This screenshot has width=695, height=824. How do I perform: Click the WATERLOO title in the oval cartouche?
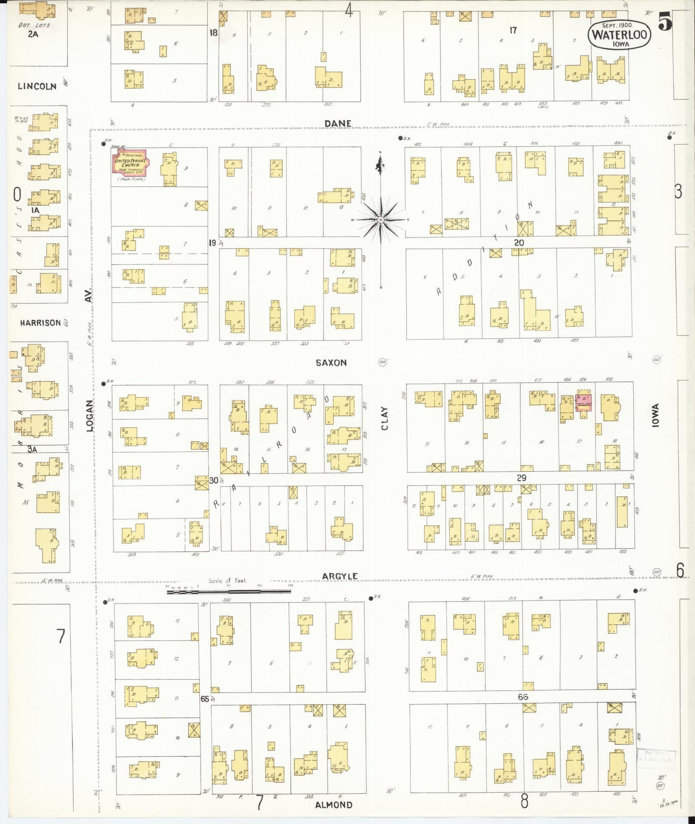click(x=619, y=35)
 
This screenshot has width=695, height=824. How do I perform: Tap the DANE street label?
click(x=338, y=124)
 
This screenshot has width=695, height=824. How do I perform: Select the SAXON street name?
click(x=331, y=363)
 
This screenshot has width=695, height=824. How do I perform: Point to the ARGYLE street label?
click(x=340, y=576)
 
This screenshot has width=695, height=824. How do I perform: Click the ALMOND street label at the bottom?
click(x=333, y=804)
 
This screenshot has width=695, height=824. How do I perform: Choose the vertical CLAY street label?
click(x=384, y=418)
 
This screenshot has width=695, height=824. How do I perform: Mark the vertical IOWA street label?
click(x=655, y=415)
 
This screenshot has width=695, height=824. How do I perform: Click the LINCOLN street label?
click(x=37, y=87)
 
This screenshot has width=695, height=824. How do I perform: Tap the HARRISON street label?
click(x=40, y=323)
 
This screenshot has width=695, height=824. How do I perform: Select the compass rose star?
click(x=380, y=220)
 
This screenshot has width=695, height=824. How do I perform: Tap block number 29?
click(x=521, y=478)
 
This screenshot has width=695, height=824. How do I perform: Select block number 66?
click(x=523, y=697)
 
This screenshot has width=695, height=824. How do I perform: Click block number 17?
click(x=513, y=30)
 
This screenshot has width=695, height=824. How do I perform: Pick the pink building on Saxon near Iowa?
click(x=583, y=402)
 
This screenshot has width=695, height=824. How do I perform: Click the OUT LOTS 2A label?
click(x=33, y=30)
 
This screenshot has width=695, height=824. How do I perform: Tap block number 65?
click(x=205, y=699)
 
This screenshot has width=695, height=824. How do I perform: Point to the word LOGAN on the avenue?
click(x=90, y=415)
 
